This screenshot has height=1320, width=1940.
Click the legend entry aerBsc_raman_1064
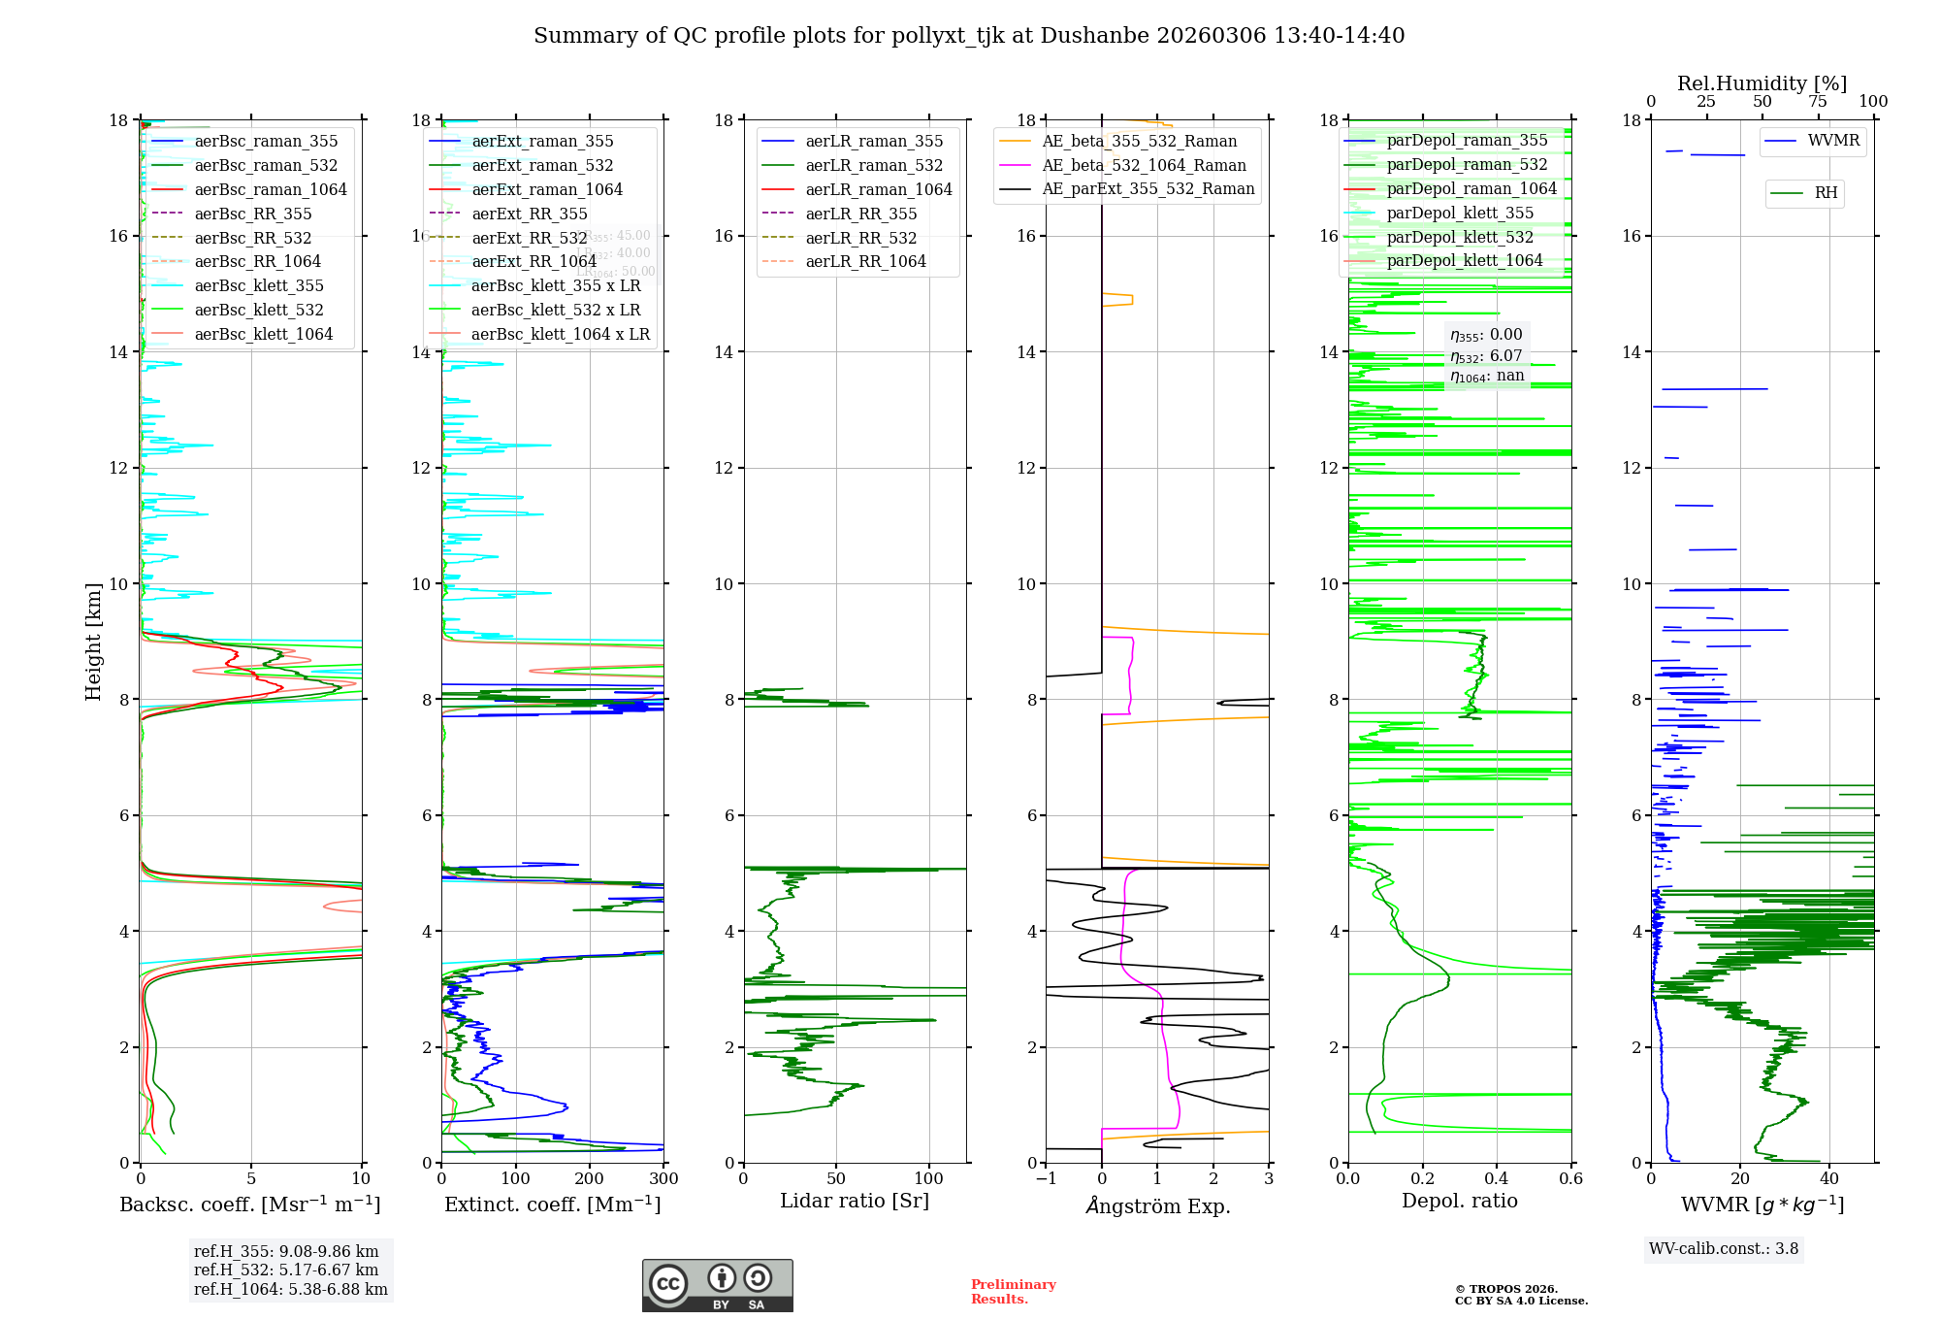click(270, 189)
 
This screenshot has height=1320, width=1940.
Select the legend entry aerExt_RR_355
click(529, 214)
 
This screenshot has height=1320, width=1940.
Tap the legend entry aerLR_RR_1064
click(865, 261)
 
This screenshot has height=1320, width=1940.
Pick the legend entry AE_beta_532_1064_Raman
click(1144, 165)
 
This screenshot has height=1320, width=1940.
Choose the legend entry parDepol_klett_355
click(1460, 213)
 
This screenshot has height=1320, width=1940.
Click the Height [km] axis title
click(93, 641)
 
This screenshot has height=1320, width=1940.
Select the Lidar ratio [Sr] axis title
click(854, 1201)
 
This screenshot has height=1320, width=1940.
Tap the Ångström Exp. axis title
click(1157, 1205)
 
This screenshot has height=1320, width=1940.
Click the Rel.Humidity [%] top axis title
click(1762, 83)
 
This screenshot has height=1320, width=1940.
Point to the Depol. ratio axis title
click(1459, 1201)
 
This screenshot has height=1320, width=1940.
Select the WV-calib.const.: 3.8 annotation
click(1723, 1249)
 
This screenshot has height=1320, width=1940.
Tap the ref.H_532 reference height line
click(286, 1270)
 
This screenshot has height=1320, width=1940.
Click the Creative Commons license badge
click(717, 1285)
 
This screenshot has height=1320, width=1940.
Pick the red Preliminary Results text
click(1013, 1292)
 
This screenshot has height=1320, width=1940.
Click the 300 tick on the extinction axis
click(664, 1178)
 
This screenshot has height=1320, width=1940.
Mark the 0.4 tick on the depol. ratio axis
click(1497, 1178)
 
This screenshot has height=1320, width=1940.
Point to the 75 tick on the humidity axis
click(1818, 102)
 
